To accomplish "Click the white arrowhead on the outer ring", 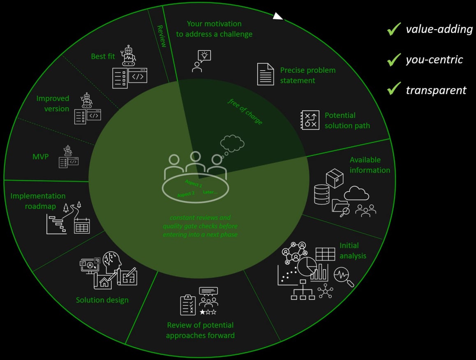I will [x=278, y=16].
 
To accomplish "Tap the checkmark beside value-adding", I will [x=394, y=29].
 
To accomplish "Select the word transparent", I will [x=436, y=90].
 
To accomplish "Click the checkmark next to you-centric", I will [x=394, y=60].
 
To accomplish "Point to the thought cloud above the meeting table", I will [x=232, y=143].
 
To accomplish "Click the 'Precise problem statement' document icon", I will [x=266, y=74].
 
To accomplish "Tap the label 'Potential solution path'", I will [x=347, y=120].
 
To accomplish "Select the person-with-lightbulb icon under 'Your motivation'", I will [x=201, y=61].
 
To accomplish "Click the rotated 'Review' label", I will [x=162, y=36].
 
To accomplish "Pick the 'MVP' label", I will [x=41, y=157].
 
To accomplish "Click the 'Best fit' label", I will [x=103, y=56].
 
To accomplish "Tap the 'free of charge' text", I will [x=245, y=111].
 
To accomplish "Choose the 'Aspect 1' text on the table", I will [x=193, y=183].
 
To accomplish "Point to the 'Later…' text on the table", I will [x=210, y=192].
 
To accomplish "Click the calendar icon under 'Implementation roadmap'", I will [x=82, y=226].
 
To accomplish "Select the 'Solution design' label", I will [x=102, y=300].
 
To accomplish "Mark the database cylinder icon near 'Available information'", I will [x=321, y=194].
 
